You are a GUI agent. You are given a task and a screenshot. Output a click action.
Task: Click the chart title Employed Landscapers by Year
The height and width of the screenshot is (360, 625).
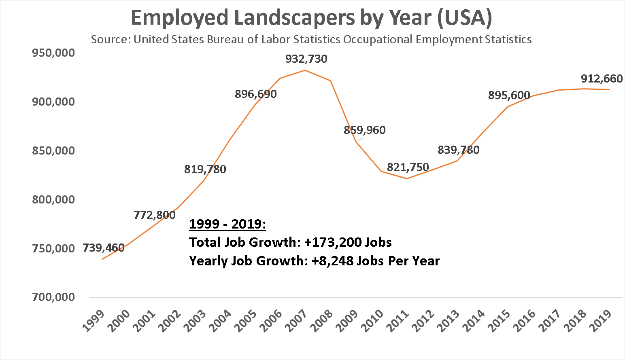(311, 18)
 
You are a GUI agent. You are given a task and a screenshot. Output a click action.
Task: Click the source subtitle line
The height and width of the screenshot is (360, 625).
(311, 40)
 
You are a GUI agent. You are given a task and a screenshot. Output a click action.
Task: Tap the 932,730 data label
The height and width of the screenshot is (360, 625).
(306, 59)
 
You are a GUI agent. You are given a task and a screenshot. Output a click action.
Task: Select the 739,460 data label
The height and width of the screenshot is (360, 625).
(104, 248)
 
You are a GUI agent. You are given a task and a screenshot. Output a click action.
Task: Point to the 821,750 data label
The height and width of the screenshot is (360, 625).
(408, 167)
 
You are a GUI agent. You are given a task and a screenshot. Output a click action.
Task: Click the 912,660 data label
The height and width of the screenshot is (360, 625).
(602, 78)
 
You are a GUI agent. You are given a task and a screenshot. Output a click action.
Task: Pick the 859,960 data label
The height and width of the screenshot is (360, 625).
(365, 130)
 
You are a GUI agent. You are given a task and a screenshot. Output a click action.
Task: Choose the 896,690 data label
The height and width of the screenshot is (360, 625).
(256, 94)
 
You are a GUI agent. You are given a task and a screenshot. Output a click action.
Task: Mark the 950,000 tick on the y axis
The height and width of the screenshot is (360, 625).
(53, 53)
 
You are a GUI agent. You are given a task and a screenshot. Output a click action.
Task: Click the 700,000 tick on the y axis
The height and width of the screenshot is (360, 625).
(53, 297)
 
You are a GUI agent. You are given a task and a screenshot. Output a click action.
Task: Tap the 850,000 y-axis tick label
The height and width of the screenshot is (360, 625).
(53, 150)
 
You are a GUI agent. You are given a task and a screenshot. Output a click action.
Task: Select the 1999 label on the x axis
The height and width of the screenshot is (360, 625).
(93, 320)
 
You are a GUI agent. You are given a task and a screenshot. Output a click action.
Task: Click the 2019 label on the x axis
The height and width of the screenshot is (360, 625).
(601, 320)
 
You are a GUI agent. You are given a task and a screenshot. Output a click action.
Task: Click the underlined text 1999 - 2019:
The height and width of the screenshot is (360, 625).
(227, 224)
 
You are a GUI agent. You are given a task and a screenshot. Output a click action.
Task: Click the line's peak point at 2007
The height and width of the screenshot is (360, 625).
(305, 70)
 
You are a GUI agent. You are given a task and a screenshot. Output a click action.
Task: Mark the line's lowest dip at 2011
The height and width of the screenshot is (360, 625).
(406, 178)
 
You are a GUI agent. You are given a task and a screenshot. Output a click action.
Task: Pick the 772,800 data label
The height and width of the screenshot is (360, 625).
(155, 215)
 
